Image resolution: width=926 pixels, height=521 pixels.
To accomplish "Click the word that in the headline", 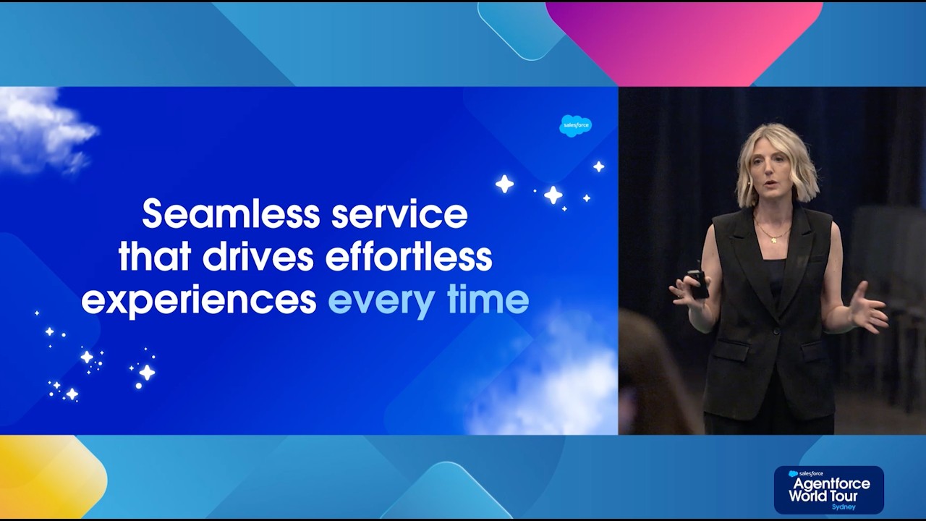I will pyautogui.click(x=154, y=257).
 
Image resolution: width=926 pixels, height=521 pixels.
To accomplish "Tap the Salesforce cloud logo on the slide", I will pyautogui.click(x=576, y=125).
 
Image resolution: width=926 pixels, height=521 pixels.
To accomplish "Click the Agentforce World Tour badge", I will pyautogui.click(x=828, y=490).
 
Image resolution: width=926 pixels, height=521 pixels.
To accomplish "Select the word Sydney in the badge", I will pyautogui.click(x=844, y=507).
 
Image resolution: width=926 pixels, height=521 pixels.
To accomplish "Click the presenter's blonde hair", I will pyautogui.click(x=796, y=156).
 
